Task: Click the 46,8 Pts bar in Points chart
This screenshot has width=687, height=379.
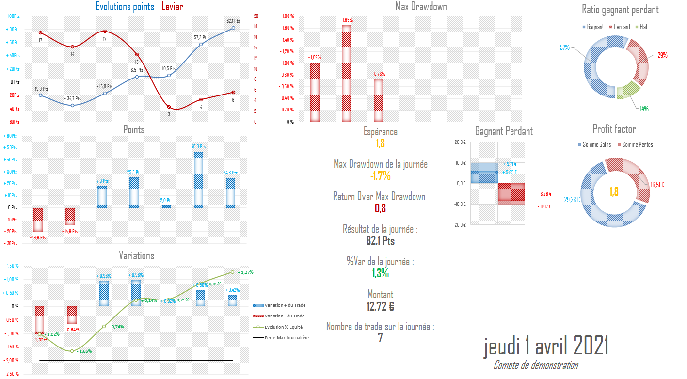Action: (199, 180)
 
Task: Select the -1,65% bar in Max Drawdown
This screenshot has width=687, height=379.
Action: (346, 73)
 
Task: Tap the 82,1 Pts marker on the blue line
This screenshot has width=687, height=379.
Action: (233, 28)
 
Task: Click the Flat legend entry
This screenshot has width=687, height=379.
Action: (643, 27)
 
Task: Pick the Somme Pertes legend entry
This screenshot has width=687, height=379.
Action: (637, 145)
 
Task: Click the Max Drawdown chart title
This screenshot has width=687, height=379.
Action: (421, 7)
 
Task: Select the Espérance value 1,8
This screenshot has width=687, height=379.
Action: (380, 143)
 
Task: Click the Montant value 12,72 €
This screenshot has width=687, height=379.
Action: (380, 306)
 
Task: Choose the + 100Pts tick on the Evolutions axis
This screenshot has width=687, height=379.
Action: (13, 16)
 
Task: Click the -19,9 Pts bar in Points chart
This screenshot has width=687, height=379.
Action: (38, 220)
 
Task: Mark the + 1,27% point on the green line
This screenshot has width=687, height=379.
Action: (232, 272)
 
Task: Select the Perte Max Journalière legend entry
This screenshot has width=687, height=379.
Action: (287, 338)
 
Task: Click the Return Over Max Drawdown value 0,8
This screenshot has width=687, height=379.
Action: (380, 208)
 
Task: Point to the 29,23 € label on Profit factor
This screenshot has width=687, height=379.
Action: (572, 199)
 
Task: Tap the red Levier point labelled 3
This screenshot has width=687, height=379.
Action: (169, 107)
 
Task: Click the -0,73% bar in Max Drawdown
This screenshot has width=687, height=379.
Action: (378, 100)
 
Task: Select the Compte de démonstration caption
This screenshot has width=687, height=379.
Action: (535, 365)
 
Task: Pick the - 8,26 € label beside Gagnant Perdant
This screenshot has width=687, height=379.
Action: (545, 194)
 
